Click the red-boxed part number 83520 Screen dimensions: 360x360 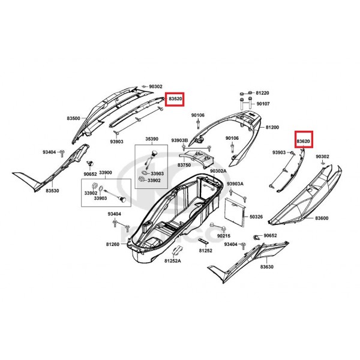click(175, 99)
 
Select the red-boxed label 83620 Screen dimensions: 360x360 click(303, 141)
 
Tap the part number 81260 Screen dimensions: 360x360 click(113, 244)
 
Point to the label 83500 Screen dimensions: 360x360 click(73, 118)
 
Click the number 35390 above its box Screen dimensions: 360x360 click(152, 139)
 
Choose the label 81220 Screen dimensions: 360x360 click(262, 93)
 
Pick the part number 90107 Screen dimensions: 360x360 click(263, 104)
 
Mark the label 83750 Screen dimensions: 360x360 click(184, 165)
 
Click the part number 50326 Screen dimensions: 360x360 click(256, 217)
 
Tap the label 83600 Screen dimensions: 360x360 click(322, 218)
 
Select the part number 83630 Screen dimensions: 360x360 click(267, 267)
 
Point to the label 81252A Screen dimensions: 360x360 click(173, 261)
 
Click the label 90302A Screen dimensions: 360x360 click(218, 171)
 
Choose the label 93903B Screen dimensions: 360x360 click(179, 140)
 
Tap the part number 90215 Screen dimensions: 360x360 click(224, 236)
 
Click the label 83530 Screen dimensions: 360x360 click(52, 191)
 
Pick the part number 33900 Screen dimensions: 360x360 click(106, 173)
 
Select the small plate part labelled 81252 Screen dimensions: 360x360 click(203, 241)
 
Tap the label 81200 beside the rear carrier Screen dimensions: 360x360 click(272, 127)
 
